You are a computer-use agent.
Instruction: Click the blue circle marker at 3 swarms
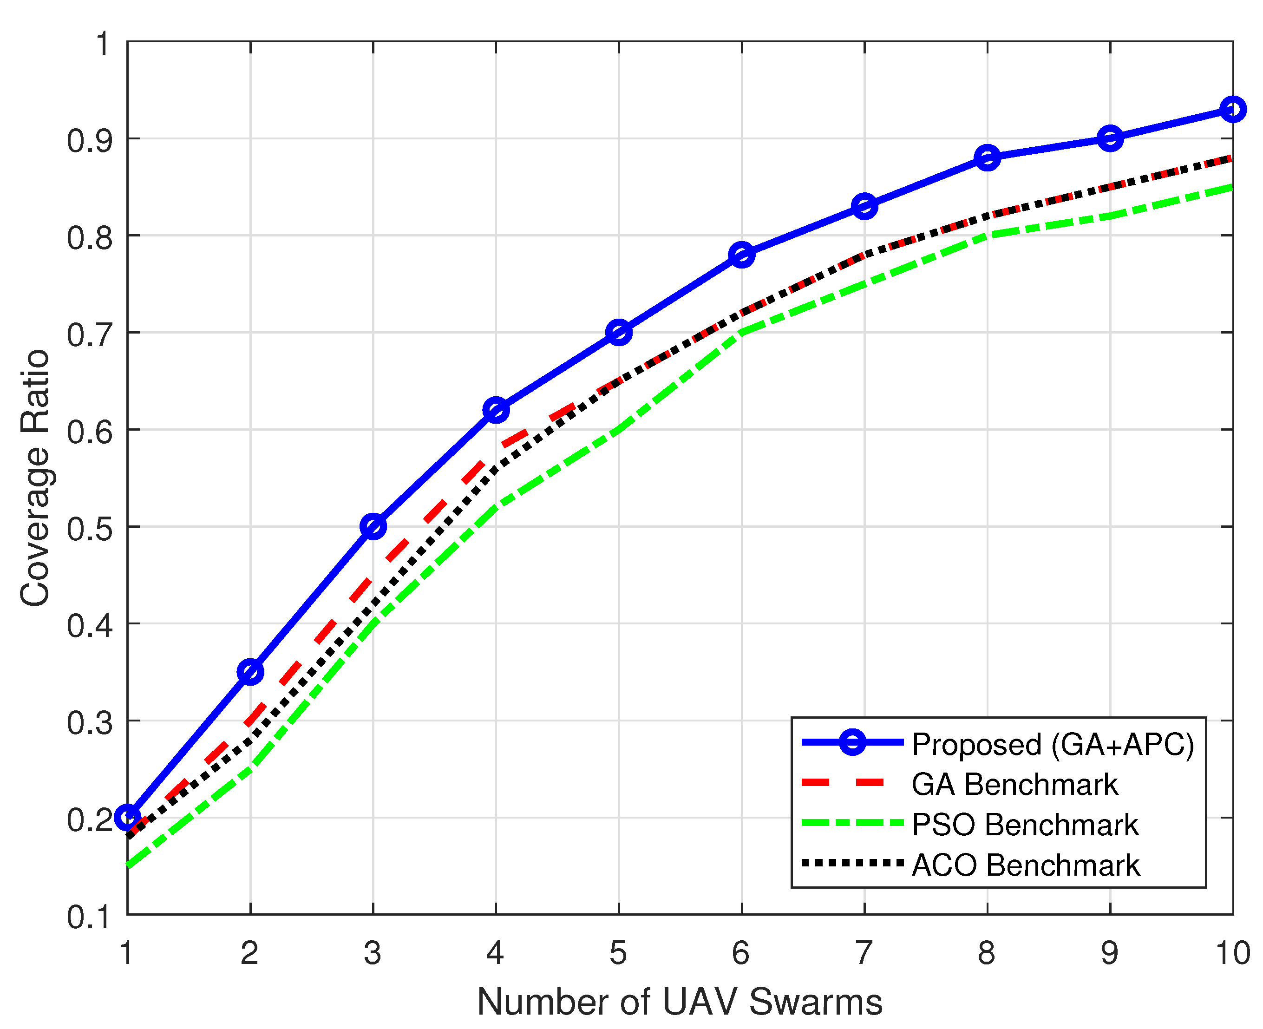pos(373,526)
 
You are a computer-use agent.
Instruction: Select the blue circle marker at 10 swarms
pos(1233,109)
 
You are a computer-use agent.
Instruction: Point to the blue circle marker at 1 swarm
pos(127,817)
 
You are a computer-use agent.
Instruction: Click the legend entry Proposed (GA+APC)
pos(1053,745)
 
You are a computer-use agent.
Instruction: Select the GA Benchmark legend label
pos(1014,785)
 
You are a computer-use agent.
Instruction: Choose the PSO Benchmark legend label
pos(1025,825)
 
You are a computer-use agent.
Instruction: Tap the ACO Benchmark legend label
pos(1025,865)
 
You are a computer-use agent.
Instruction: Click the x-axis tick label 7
pos(864,953)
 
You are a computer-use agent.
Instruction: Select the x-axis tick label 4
pos(496,953)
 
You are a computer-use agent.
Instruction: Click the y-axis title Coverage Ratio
pos(36,478)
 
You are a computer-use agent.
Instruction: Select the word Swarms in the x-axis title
pos(816,1002)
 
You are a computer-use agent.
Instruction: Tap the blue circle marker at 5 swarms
pos(619,333)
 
